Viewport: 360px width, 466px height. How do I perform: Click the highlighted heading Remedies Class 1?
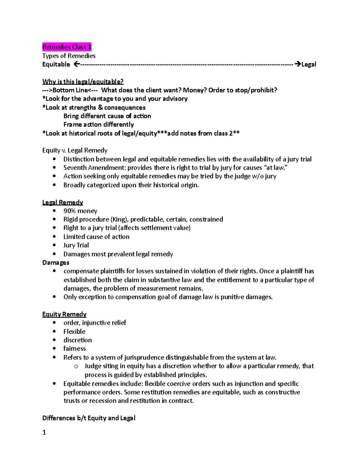(x=67, y=47)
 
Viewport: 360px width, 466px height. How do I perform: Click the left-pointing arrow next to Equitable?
(x=76, y=64)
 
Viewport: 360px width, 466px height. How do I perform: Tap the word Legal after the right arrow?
(x=309, y=64)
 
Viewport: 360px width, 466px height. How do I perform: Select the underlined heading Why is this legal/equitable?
(x=83, y=82)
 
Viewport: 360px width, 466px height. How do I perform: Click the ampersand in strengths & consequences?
(x=100, y=107)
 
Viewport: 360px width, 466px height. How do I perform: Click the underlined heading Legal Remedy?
(x=62, y=203)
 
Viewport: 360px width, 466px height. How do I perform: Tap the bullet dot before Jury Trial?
(x=54, y=245)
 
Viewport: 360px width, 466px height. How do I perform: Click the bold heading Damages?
(x=56, y=263)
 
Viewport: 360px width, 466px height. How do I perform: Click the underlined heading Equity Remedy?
(x=64, y=314)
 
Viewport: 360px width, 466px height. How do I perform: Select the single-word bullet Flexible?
(x=74, y=332)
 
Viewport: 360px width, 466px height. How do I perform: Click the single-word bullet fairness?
(x=74, y=349)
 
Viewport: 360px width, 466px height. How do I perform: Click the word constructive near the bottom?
(x=283, y=392)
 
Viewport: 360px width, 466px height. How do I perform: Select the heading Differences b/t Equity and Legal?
(x=89, y=418)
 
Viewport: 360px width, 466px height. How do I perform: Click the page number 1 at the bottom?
(x=44, y=432)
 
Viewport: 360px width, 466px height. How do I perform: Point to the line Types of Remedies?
(x=69, y=56)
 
